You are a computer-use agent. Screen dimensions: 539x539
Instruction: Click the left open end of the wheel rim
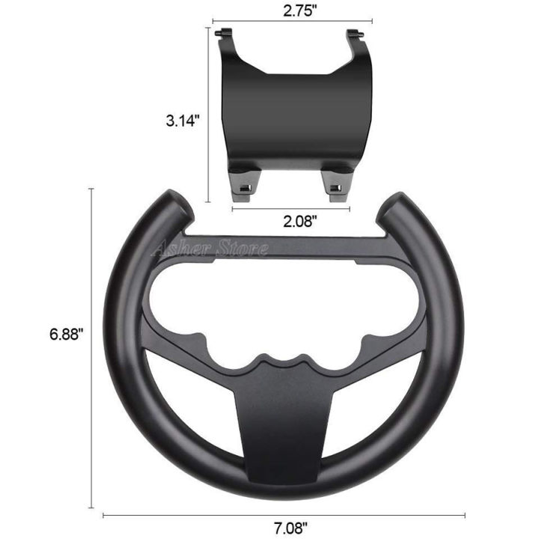[x=171, y=202]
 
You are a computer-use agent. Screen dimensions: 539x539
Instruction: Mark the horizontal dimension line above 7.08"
[x=284, y=515]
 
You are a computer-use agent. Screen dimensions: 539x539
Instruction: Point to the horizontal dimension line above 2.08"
[x=290, y=209]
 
